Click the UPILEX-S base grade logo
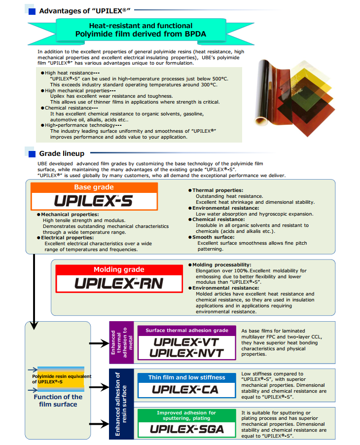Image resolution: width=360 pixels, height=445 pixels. [x=93, y=201]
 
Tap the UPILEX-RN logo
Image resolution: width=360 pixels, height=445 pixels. [x=119, y=283]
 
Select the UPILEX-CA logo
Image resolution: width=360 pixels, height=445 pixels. [x=185, y=389]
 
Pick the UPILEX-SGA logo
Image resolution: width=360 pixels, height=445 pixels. [x=187, y=429]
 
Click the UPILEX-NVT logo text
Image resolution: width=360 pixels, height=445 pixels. [x=187, y=353]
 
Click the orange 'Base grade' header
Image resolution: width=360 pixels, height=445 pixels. [x=94, y=187]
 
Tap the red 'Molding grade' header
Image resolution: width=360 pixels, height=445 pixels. [x=119, y=269]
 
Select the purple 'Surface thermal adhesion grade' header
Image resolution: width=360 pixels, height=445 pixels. [x=187, y=331]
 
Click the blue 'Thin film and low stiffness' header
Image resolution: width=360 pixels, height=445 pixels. [x=187, y=377]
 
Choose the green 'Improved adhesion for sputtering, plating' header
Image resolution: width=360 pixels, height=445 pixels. [x=187, y=415]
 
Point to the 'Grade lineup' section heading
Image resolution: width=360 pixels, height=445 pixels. [x=62, y=153]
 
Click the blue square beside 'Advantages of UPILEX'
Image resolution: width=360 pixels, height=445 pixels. [x=32, y=12]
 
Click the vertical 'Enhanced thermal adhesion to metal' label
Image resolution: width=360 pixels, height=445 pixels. [x=122, y=342]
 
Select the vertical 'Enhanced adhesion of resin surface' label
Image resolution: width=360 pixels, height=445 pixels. [x=121, y=404]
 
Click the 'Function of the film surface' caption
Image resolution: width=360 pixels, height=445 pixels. [x=58, y=401]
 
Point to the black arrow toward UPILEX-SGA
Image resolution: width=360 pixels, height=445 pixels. [x=99, y=424]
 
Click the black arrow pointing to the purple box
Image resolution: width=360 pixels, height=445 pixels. [x=99, y=343]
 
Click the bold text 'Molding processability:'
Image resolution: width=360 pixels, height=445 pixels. [x=222, y=265]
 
